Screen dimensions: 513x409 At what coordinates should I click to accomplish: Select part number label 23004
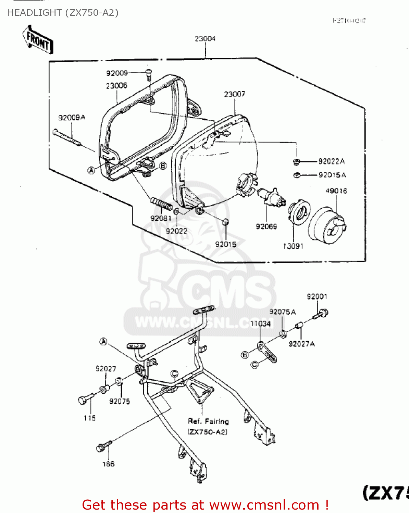205,39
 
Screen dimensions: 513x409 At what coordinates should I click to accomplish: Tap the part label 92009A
72,118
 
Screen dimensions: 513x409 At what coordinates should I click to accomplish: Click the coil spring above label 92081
161,204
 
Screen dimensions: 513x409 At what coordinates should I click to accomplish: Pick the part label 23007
235,94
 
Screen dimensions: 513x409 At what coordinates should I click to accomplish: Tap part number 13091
293,246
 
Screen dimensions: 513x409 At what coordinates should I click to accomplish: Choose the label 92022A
331,161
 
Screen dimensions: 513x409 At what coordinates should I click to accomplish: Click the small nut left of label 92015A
297,175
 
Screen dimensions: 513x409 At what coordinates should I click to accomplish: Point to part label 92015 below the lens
225,244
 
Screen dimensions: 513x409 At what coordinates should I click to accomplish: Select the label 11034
260,324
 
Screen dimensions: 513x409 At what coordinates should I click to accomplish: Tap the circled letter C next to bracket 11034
255,365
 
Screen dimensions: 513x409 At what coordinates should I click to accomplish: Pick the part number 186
108,464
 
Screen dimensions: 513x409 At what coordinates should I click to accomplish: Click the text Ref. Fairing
208,421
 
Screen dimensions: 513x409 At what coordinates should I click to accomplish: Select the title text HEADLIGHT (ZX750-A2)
63,13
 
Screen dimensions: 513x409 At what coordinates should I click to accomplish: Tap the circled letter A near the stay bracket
103,341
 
